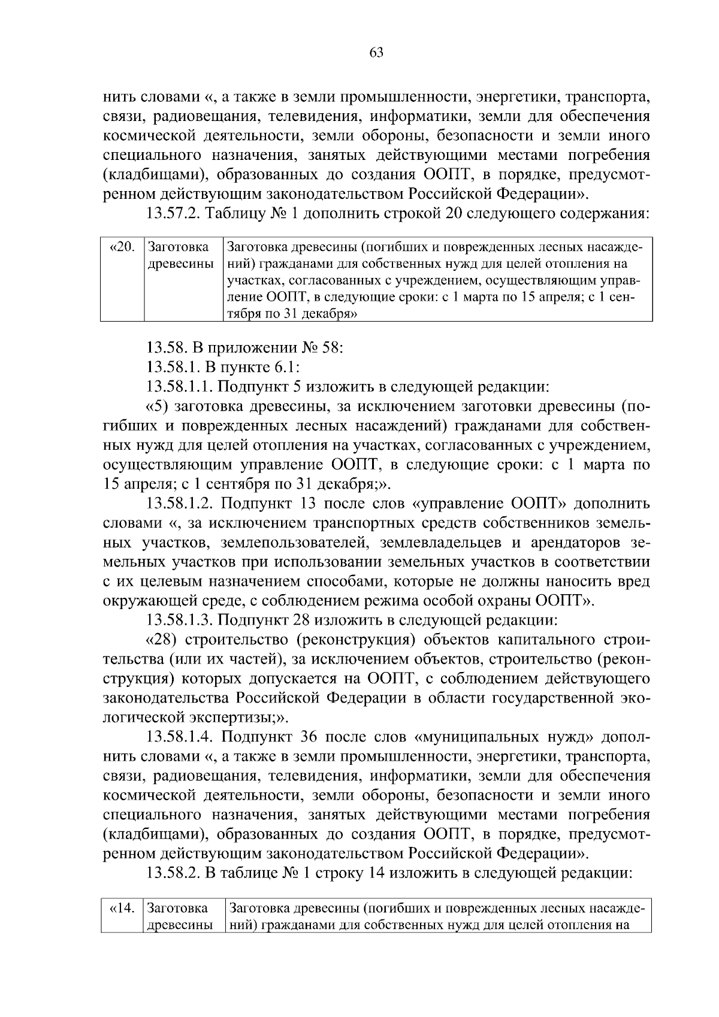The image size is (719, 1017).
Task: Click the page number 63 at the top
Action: [376, 53]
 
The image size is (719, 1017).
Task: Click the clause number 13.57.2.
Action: [176, 214]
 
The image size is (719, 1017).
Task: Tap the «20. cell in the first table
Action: [122, 247]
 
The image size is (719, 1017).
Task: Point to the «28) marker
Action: [161, 640]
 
